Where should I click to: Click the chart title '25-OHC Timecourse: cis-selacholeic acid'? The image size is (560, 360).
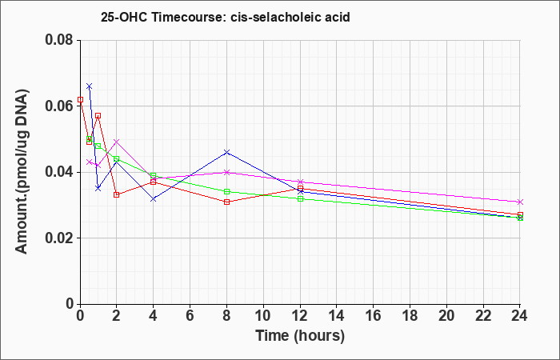click(x=226, y=17)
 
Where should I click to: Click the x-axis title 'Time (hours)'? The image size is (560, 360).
click(x=300, y=336)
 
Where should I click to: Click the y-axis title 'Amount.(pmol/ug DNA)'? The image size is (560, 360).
click(x=22, y=171)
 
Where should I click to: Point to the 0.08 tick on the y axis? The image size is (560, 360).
click(x=60, y=40)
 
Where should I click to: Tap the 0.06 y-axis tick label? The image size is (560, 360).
click(x=60, y=106)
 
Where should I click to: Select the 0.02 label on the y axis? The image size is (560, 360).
click(x=60, y=238)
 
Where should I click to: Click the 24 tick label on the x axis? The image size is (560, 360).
click(x=520, y=316)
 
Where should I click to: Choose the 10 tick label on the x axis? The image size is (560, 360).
click(x=263, y=316)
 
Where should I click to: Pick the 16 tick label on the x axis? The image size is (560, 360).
click(x=374, y=316)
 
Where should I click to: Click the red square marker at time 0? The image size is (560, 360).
click(x=80, y=100)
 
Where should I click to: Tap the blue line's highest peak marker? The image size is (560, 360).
click(x=90, y=86)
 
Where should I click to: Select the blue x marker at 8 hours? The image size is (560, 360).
click(x=226, y=152)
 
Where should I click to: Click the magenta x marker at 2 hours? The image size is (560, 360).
click(x=117, y=142)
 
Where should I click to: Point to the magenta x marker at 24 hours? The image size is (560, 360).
click(x=520, y=202)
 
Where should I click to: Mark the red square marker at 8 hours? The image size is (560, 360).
click(x=226, y=202)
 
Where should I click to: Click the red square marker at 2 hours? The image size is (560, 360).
click(x=117, y=194)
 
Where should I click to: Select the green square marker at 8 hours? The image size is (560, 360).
click(x=226, y=192)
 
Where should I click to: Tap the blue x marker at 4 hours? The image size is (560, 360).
click(x=154, y=199)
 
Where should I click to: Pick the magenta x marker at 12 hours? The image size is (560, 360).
click(x=300, y=182)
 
